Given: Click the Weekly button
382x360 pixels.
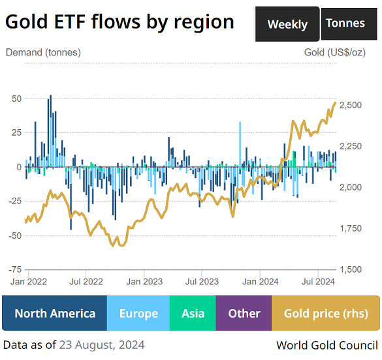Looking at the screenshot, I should point(287,24).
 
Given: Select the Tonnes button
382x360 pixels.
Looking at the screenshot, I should point(345,23).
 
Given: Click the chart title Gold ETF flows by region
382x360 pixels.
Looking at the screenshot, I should point(119,22).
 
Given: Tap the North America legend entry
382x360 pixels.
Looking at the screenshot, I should point(54,314).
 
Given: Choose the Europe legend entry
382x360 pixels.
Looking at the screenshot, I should point(138,314).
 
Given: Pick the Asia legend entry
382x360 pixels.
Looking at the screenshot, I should point(193,314).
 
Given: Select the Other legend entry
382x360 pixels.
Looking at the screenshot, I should point(244,314).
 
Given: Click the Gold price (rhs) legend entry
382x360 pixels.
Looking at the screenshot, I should point(325,314).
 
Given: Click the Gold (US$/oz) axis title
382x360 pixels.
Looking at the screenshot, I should point(335,52).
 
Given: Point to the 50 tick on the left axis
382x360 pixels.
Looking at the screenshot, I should point(17,98).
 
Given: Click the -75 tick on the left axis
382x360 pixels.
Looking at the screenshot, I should point(16,269).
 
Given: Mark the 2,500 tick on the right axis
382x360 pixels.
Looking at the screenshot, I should point(351,105).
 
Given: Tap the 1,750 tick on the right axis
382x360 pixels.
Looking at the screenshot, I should point(351,228).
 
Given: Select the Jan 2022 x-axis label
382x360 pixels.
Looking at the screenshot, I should point(29,282).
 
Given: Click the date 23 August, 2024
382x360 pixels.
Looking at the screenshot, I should point(102,344).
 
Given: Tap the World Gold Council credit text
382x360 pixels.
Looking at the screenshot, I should point(326,344).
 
